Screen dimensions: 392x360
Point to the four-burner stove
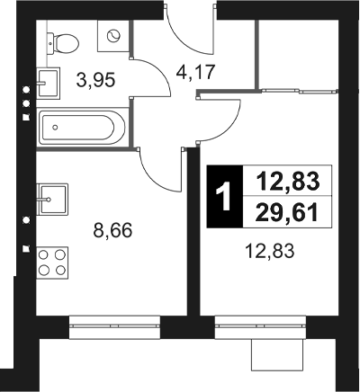tap(53, 262)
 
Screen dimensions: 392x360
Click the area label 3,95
tap(94, 79)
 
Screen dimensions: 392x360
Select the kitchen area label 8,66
tap(113, 230)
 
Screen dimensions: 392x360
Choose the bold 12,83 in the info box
tap(288, 182)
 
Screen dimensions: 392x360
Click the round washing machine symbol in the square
tap(115, 36)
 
